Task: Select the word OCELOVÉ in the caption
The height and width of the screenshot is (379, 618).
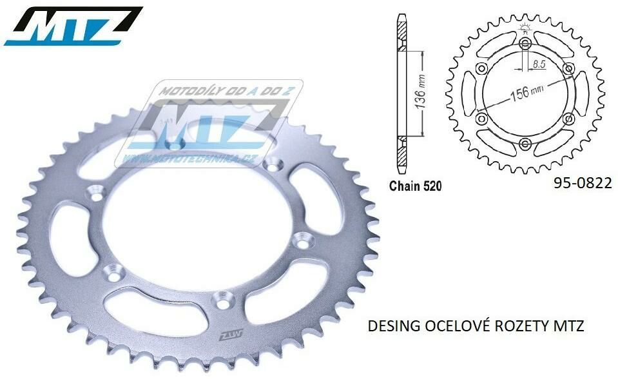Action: tap(450, 327)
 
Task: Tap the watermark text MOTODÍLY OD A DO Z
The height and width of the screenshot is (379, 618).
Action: tap(218, 92)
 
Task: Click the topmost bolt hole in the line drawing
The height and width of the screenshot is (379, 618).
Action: tap(525, 43)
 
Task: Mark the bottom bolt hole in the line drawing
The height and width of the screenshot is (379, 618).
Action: tap(525, 142)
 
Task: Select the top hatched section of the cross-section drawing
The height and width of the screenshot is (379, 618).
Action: tap(403, 30)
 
